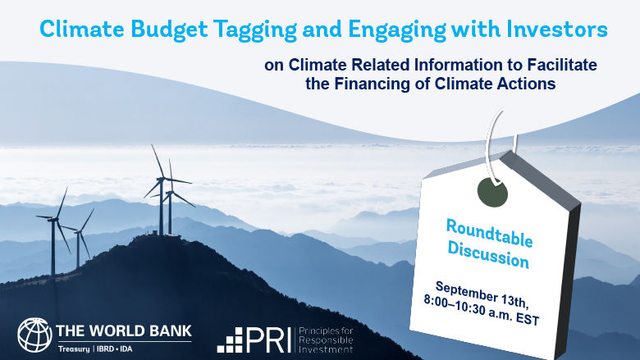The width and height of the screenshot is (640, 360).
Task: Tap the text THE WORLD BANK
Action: [x=124, y=330]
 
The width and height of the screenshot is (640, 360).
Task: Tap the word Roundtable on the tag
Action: [x=490, y=233]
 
